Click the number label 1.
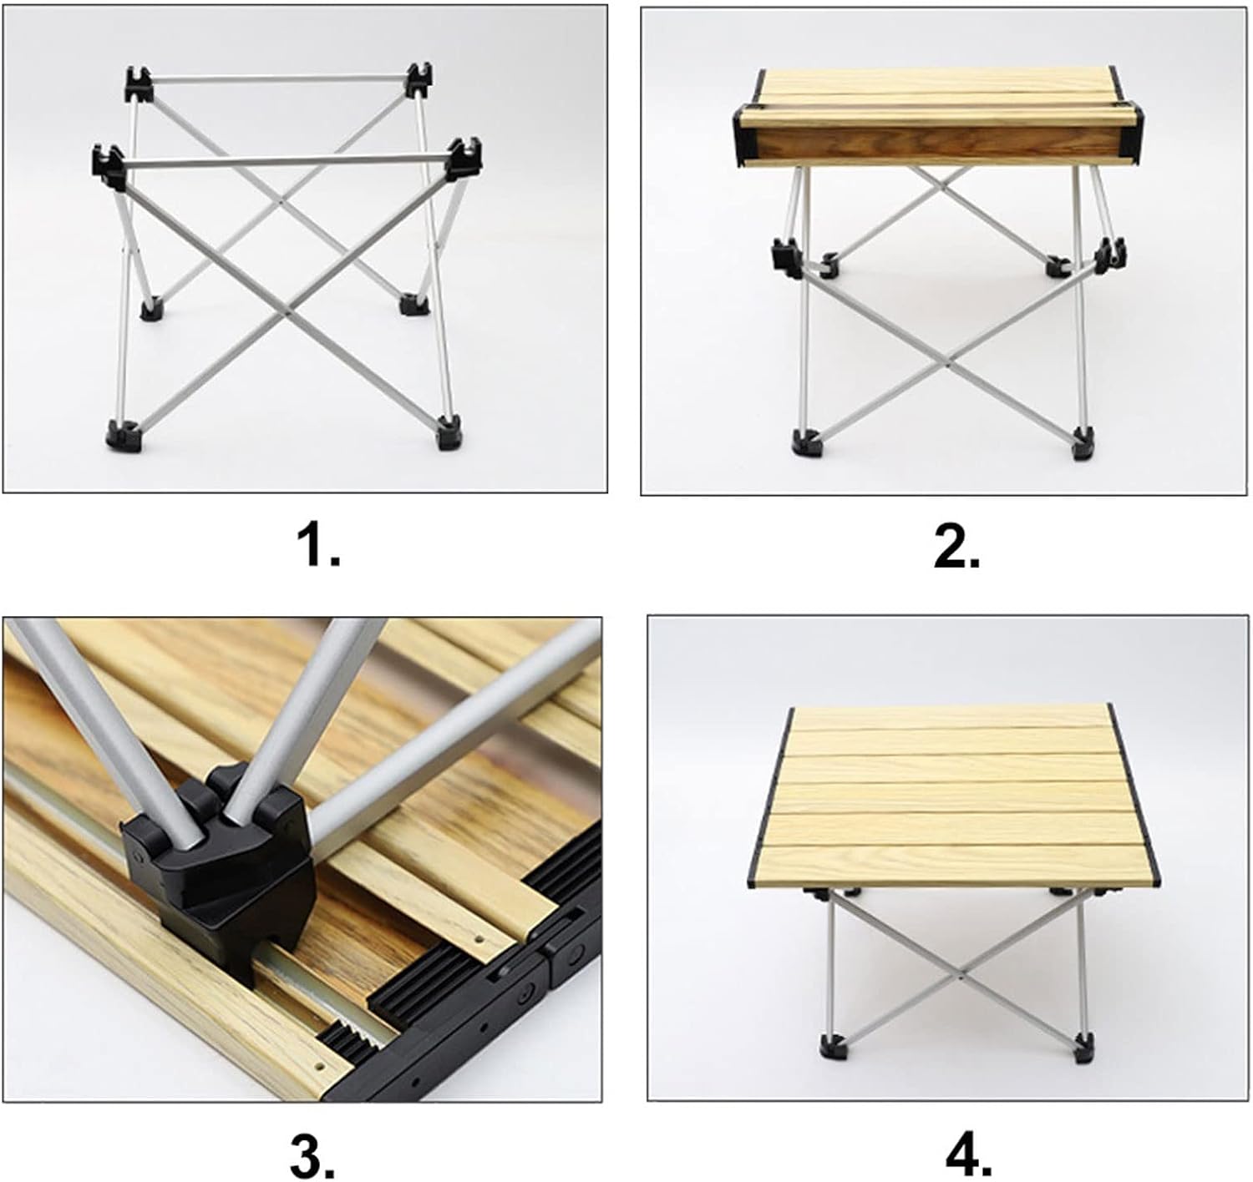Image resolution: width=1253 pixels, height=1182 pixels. coord(319,547)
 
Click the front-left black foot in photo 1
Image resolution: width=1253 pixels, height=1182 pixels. coord(119,434)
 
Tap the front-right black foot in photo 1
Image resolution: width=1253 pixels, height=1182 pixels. coord(448,434)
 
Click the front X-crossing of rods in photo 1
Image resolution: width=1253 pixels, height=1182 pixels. coord(287,314)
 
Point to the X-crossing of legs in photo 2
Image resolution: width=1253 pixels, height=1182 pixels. coord(951,365)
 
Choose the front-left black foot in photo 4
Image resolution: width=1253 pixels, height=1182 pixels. coord(831,1046)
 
